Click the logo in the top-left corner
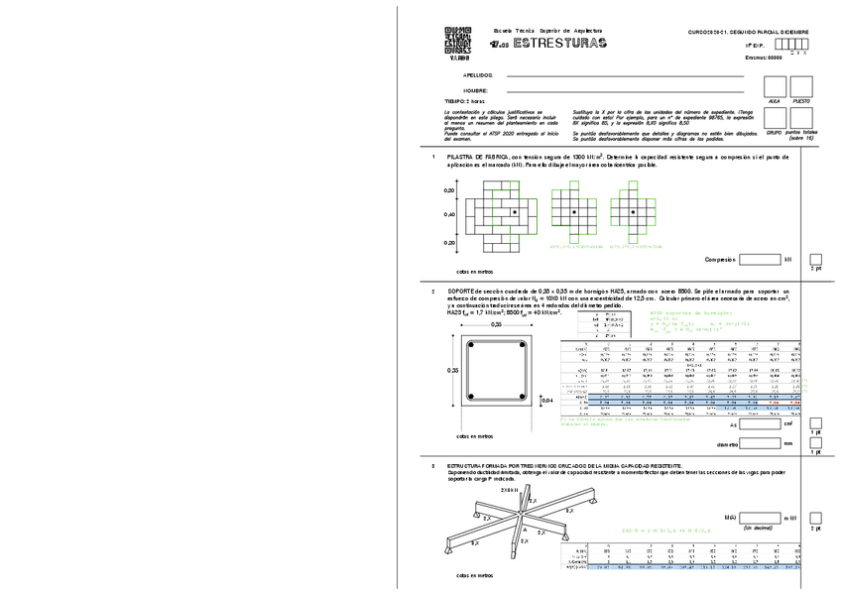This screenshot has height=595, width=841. [459, 43]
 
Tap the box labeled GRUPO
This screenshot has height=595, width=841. [775, 118]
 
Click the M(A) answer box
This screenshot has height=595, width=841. [761, 518]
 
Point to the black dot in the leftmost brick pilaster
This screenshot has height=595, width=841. [514, 213]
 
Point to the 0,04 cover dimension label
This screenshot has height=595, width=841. [545, 400]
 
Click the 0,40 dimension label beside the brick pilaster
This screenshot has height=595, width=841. [449, 214]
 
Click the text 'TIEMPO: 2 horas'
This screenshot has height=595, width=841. [464, 101]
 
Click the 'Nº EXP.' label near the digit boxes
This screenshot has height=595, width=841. [755, 46]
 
